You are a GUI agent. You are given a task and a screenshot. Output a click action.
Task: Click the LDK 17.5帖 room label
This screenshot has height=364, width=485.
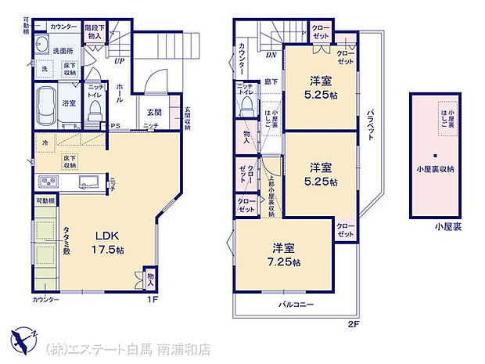coord(107,242)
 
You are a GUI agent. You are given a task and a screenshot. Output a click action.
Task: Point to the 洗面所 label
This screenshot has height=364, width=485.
coord(63,51)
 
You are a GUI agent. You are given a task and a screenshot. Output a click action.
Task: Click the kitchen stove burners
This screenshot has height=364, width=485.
coord(46,182)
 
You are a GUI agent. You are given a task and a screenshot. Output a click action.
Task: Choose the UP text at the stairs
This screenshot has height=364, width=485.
coord(119,61)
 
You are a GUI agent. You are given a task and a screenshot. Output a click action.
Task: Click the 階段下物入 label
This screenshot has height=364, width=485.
coord(94,31)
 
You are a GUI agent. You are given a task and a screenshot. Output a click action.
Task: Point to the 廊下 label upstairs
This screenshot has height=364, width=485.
coord(270,81)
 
